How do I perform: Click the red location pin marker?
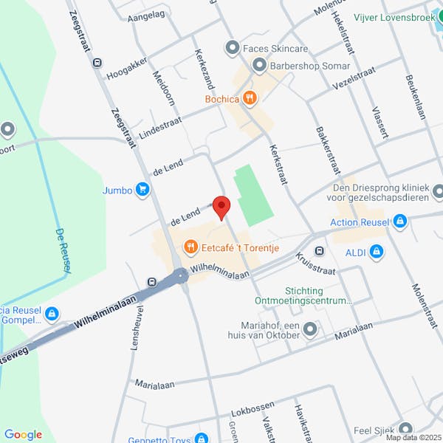[221, 207]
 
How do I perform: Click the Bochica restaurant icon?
[250, 97]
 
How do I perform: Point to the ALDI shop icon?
[377, 253]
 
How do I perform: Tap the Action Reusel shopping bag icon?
[399, 221]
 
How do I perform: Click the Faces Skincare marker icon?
[233, 49]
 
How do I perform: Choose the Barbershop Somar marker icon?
[258, 66]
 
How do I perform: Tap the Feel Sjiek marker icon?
[405, 429]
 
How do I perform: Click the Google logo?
[23, 435]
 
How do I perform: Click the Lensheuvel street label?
[135, 329]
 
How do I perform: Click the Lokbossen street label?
[253, 407]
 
